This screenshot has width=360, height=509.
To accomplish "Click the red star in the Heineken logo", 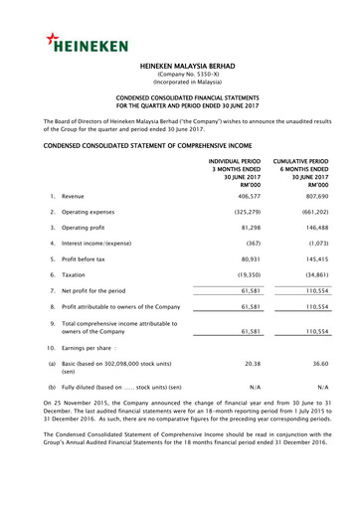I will pyautogui.click(x=51, y=38).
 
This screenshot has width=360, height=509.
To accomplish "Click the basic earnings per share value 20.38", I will pyautogui.click(x=251, y=365).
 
